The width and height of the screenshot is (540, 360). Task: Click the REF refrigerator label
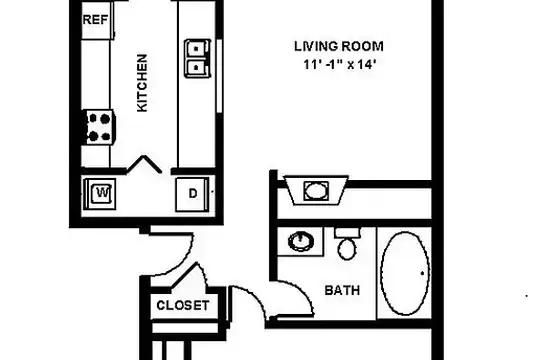click(95, 19)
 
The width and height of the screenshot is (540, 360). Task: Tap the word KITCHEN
click(142, 83)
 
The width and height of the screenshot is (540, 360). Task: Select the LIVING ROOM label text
click(339, 46)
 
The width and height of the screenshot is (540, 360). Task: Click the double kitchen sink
click(197, 57)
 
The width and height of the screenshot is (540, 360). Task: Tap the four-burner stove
click(99, 126)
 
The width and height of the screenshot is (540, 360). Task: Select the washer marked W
click(101, 191)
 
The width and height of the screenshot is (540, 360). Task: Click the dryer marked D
click(191, 192)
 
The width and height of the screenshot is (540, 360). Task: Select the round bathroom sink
click(301, 241)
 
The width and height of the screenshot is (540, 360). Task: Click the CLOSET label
click(183, 305)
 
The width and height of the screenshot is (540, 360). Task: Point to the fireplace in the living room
click(315, 189)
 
